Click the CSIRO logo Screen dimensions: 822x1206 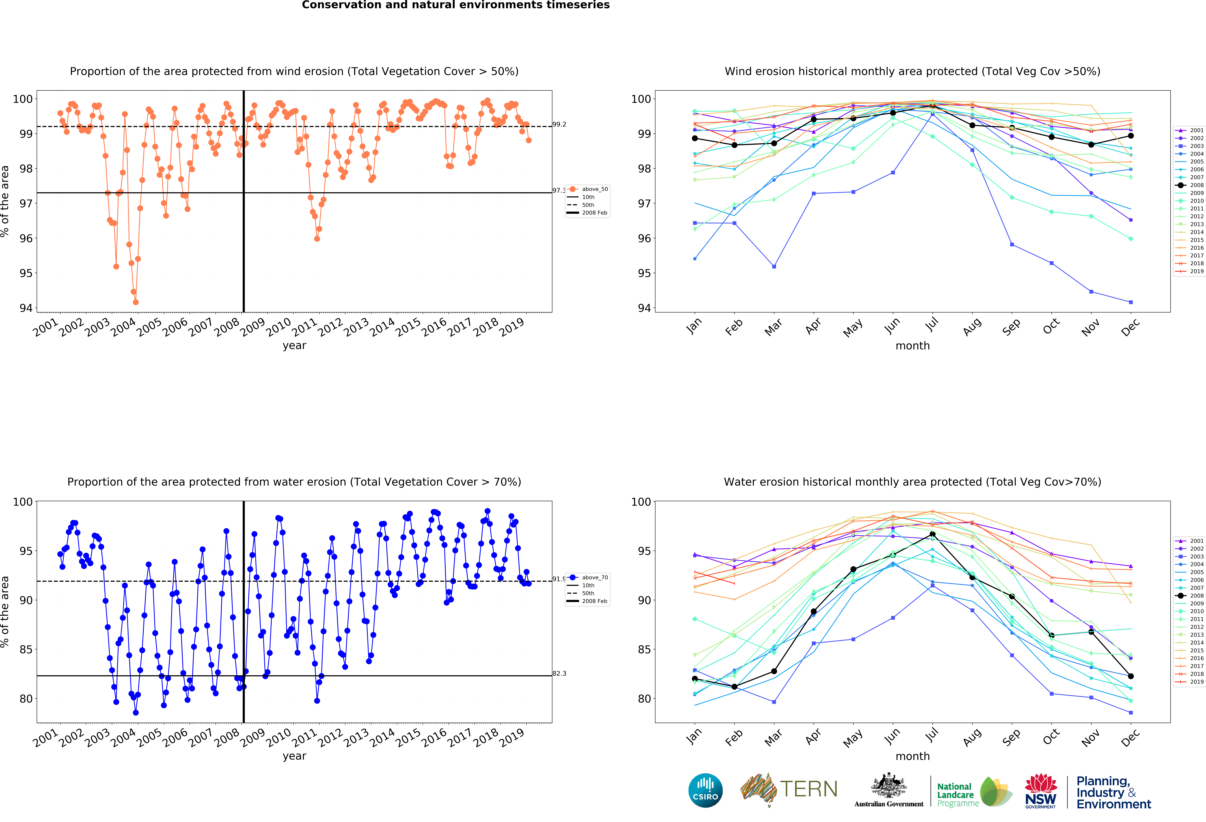pos(705,790)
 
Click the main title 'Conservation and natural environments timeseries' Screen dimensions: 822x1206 pos(456,5)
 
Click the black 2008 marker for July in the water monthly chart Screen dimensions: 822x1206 pos(933,534)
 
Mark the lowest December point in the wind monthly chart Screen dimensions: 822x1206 pos(1131,302)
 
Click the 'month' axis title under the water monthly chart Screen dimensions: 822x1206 pos(912,756)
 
